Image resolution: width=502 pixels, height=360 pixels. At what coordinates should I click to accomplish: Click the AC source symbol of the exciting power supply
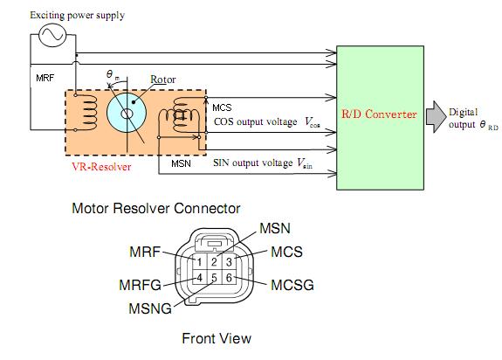pyautogui.click(x=52, y=35)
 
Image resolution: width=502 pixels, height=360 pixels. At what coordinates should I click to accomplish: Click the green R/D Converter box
pyautogui.click(x=380, y=118)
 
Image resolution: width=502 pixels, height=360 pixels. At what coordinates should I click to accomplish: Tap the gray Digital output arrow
pyautogui.click(x=436, y=116)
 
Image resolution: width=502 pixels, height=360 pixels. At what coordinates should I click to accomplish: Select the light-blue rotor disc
pyautogui.click(x=127, y=113)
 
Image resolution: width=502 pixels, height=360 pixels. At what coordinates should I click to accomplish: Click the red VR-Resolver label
pyautogui.click(x=101, y=167)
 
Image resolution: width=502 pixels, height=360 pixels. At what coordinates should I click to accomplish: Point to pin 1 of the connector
pyautogui.click(x=199, y=261)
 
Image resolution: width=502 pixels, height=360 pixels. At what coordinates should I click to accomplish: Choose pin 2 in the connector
pyautogui.click(x=214, y=261)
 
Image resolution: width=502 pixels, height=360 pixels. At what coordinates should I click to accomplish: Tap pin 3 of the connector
pyautogui.click(x=229, y=261)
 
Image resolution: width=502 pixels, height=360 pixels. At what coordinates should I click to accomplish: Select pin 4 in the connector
pyautogui.click(x=199, y=277)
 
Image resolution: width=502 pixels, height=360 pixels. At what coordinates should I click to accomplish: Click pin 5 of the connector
pyautogui.click(x=214, y=277)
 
